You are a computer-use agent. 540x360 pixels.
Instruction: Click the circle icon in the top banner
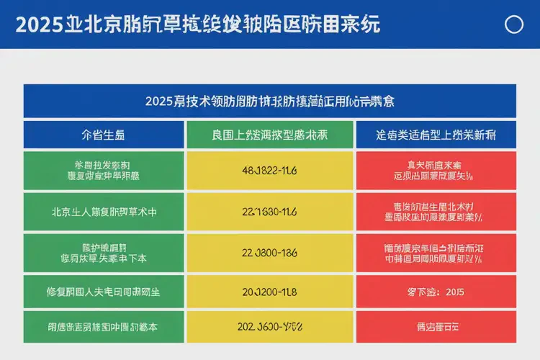pos(514,24)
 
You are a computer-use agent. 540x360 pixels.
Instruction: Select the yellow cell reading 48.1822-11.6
pos(270,171)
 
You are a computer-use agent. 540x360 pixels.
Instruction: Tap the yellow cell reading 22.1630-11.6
pos(270,212)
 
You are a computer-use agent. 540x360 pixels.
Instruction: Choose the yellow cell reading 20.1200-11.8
pos(270,293)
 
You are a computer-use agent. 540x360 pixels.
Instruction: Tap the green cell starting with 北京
pos(104,212)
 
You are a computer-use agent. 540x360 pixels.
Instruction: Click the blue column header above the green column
pos(104,135)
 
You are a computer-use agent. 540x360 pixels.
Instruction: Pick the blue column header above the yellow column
pos(270,135)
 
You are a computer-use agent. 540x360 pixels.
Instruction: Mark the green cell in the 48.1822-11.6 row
pos(104,171)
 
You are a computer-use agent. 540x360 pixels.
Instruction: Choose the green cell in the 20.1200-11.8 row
pos(104,293)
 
